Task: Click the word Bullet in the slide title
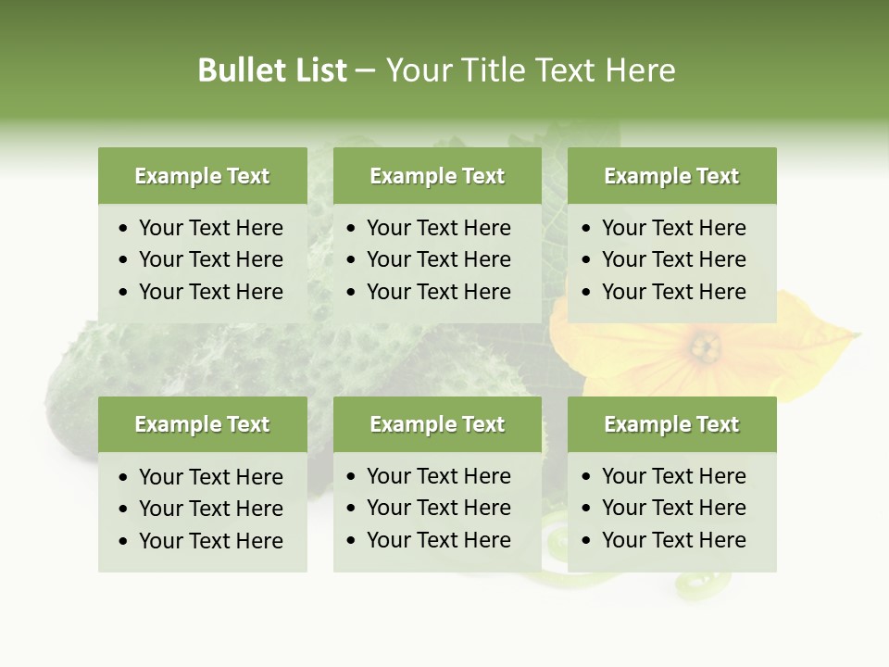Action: pyautogui.click(x=240, y=70)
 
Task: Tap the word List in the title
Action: pyautogui.click(x=318, y=70)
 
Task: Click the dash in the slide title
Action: pyautogui.click(x=366, y=71)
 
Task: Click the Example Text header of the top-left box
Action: pyautogui.click(x=202, y=176)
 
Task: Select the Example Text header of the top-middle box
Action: pyautogui.click(x=437, y=176)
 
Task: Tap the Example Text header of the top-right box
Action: pyautogui.click(x=671, y=176)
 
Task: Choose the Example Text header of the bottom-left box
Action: pyautogui.click(x=202, y=424)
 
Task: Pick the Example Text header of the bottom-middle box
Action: pyautogui.click(x=437, y=424)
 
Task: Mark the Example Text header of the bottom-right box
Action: pyautogui.click(x=671, y=424)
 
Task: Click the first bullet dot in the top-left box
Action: pyautogui.click(x=124, y=229)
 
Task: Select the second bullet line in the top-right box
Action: pyautogui.click(x=673, y=259)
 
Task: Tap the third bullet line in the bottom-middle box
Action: pyautogui.click(x=438, y=540)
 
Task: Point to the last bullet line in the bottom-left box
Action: pyautogui.click(x=210, y=541)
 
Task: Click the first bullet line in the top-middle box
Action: pyautogui.click(x=438, y=228)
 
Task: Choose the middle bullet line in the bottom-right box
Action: pyautogui.click(x=673, y=508)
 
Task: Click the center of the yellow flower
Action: pyautogui.click(x=705, y=347)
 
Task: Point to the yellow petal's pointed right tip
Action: pyautogui.click(x=858, y=333)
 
